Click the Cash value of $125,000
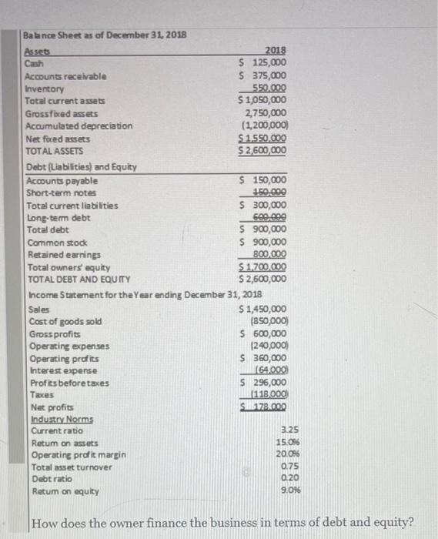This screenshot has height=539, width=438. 264,63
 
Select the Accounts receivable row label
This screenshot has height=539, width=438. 65,76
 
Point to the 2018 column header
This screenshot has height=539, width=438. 275,52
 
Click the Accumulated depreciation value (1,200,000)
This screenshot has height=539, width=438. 264,126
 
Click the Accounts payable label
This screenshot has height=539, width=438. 62,180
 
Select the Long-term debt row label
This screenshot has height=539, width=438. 58,218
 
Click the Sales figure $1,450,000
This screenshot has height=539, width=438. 263,309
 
